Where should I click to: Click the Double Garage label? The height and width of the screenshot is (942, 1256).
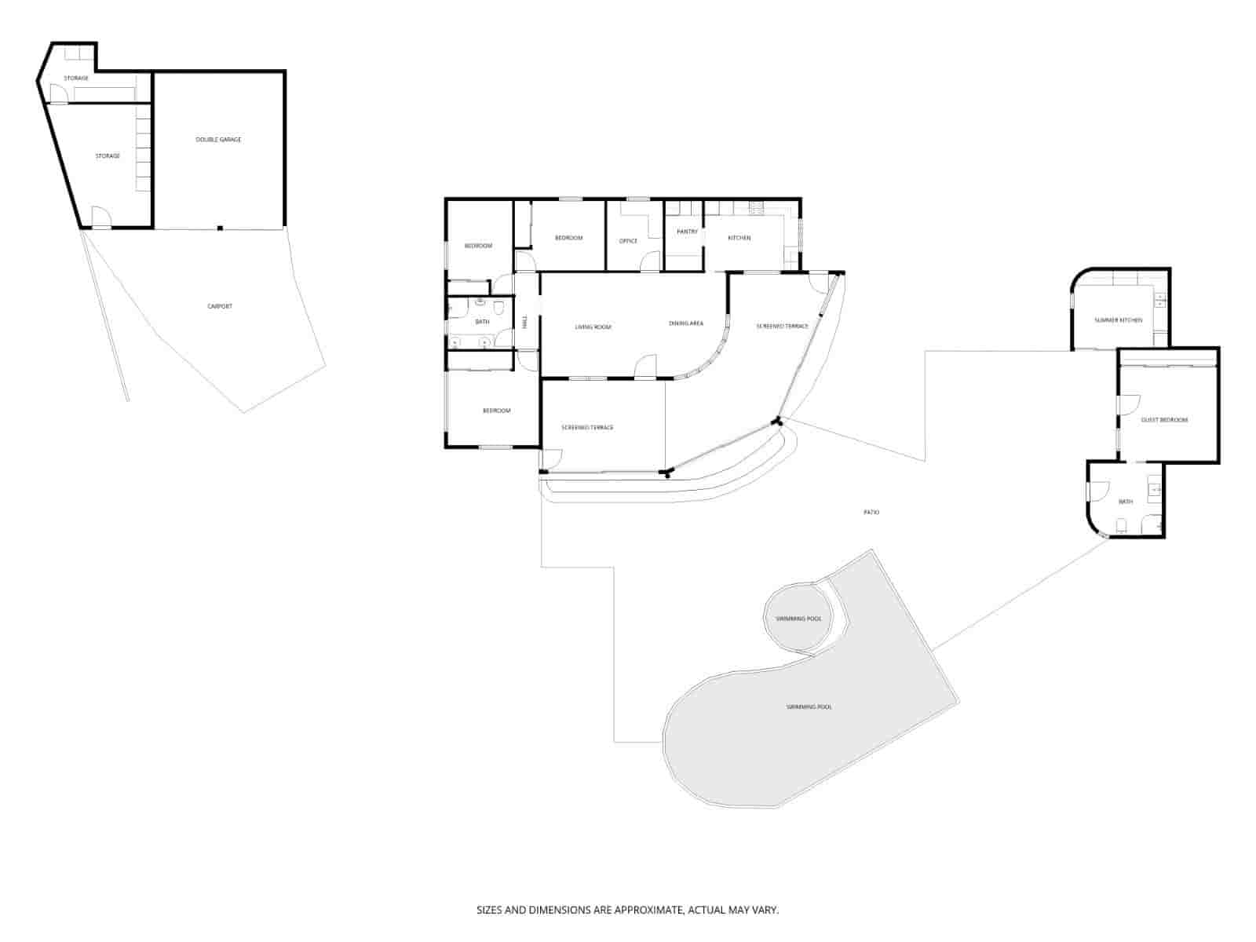click(x=218, y=140)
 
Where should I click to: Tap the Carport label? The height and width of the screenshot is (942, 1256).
click(x=220, y=306)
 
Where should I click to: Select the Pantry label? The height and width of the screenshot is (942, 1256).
click(x=687, y=232)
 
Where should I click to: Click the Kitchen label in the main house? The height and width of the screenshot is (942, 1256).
click(x=739, y=238)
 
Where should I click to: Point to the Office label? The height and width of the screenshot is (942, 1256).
click(x=628, y=241)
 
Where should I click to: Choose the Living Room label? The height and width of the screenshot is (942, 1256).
click(x=593, y=327)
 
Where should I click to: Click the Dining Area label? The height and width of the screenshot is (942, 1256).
click(x=685, y=323)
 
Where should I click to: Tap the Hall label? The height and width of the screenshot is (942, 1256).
click(x=525, y=322)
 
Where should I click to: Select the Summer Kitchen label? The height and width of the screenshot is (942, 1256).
click(x=1119, y=320)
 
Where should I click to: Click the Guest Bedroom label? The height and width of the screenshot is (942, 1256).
click(x=1164, y=420)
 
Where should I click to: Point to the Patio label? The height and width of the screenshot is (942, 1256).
click(x=871, y=512)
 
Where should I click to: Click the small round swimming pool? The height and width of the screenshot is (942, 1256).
click(x=798, y=619)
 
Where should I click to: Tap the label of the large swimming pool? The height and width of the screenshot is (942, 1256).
click(x=809, y=707)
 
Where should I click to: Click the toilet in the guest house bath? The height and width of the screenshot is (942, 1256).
click(x=1122, y=525)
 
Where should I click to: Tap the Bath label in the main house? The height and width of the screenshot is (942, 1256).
click(x=482, y=322)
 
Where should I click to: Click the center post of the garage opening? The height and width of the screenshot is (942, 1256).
click(x=221, y=228)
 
